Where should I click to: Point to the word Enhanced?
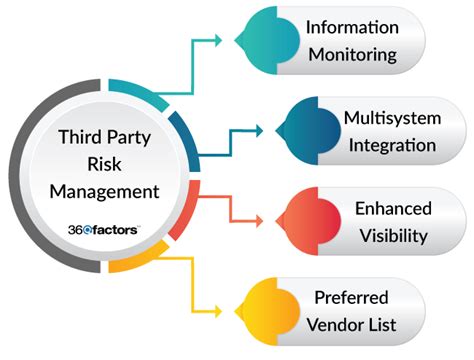coord(392,209)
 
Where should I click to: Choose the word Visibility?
coord(392,237)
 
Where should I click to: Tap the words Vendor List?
coord(353,324)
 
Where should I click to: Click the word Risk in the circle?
coord(102,162)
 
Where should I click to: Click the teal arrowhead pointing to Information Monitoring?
coord(228,42)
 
